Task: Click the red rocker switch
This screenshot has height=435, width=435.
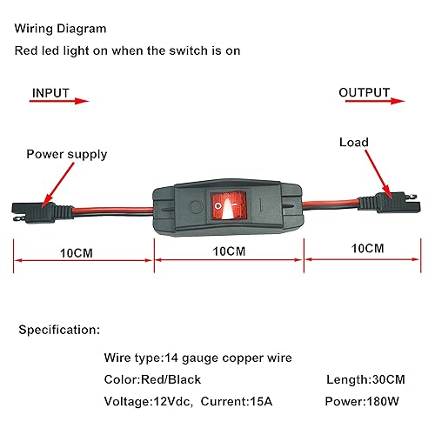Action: [x=228, y=207]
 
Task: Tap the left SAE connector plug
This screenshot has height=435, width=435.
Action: [x=33, y=211]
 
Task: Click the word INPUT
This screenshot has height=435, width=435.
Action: [x=51, y=93]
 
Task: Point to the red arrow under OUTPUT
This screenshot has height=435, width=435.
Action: [x=369, y=102]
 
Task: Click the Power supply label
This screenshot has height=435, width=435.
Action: [x=66, y=154]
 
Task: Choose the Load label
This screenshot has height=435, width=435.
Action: [x=354, y=142]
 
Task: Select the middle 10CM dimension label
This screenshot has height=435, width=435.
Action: [x=228, y=251]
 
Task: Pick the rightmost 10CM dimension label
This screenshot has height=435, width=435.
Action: [x=366, y=248]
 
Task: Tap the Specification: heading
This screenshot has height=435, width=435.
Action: [x=57, y=331]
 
